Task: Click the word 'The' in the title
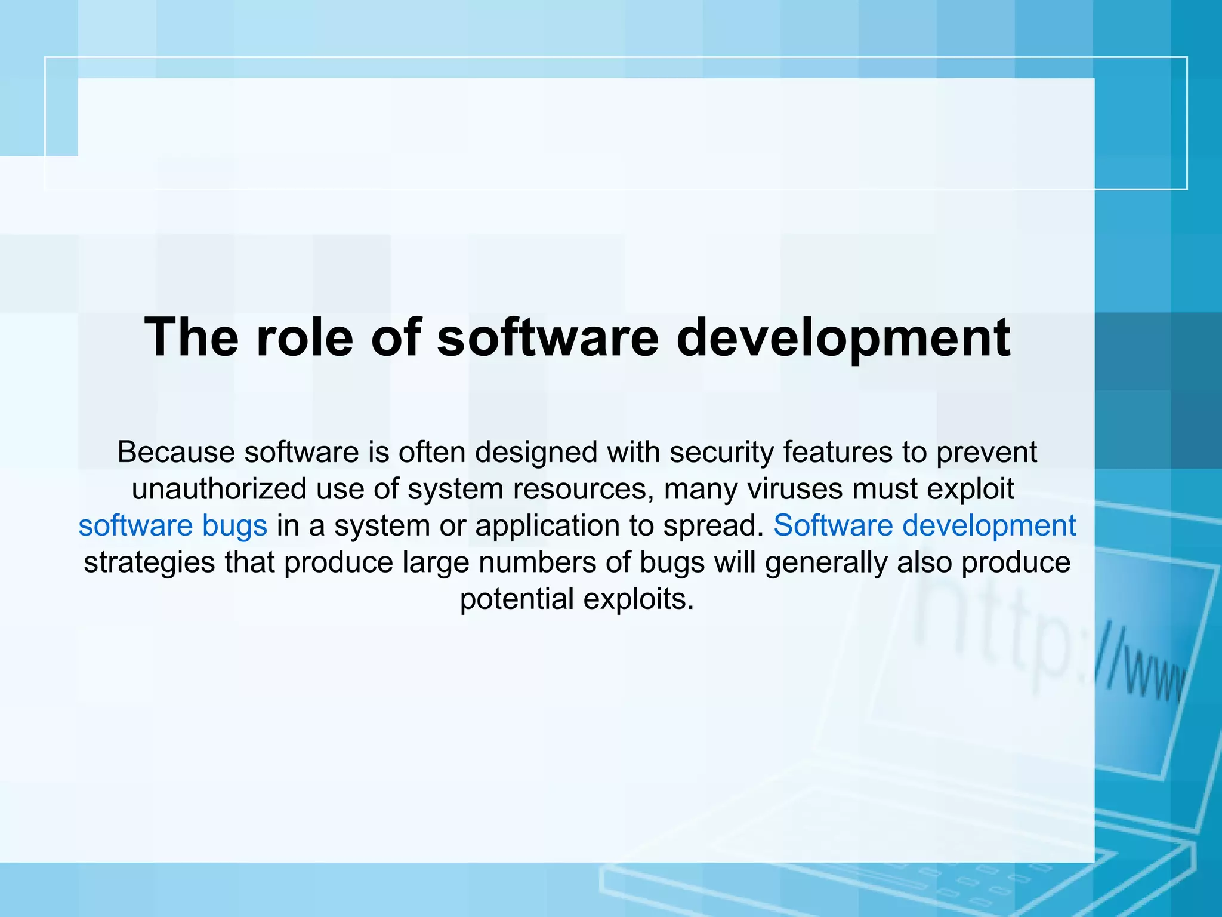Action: (192, 338)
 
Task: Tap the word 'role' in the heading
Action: (304, 338)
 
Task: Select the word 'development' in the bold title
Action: (843, 338)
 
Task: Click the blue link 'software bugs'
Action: (172, 526)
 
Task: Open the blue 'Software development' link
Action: (924, 526)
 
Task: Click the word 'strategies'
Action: (149, 562)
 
